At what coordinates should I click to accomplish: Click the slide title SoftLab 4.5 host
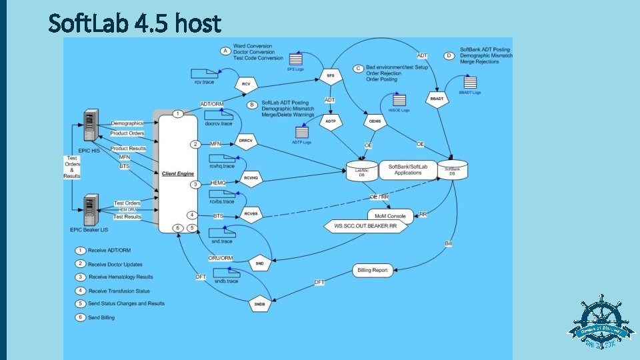tap(135, 23)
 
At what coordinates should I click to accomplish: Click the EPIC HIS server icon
tap(87, 126)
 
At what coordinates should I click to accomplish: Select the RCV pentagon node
tap(246, 85)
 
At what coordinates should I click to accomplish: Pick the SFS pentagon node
tap(330, 77)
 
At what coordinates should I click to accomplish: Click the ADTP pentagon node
tap(330, 121)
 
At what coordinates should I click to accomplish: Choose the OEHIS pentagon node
tap(374, 121)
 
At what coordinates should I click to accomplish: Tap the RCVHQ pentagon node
tap(251, 179)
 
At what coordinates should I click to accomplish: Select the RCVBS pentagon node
tap(251, 215)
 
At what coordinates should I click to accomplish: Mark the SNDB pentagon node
tap(260, 305)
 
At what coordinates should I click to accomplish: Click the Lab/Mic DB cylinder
tap(362, 171)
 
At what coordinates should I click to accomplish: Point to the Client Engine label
tap(177, 173)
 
